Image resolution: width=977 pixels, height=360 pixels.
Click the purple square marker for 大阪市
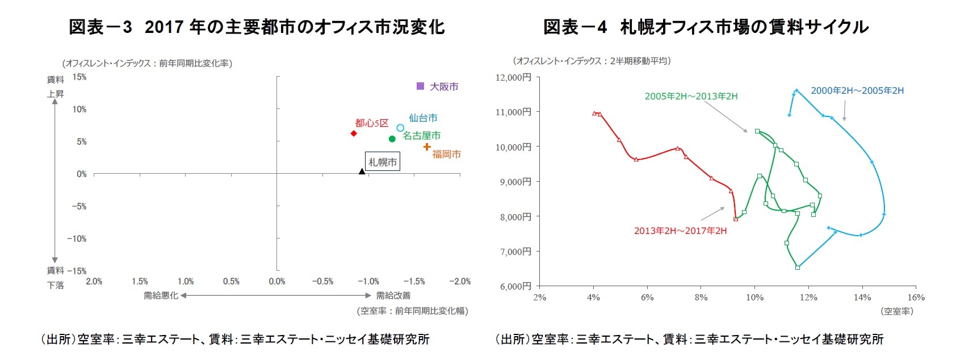click(420, 86)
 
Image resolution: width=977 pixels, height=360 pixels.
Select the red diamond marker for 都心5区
click(354, 133)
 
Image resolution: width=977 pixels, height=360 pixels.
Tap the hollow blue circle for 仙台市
click(400, 128)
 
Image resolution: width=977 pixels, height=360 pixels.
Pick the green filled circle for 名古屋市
click(392, 139)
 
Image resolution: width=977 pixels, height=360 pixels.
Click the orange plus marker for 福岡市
click(427, 147)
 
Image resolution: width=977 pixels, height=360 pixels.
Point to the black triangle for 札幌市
click(362, 171)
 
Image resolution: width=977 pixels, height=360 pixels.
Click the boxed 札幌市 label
click(383, 162)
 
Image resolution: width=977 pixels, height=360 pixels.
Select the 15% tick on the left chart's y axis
click(79, 77)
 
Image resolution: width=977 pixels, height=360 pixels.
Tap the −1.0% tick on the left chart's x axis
click(368, 281)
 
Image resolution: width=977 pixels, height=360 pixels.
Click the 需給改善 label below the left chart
click(393, 295)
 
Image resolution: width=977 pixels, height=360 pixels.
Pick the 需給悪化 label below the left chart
click(161, 295)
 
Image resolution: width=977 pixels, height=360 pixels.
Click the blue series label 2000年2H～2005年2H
click(857, 90)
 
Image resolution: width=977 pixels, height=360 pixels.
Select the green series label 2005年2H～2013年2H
click(691, 96)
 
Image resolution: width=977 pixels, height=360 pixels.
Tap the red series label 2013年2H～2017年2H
click(680, 231)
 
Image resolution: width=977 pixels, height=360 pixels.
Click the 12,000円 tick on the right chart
click(514, 77)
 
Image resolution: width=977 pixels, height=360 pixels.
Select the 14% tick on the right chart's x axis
click(862, 298)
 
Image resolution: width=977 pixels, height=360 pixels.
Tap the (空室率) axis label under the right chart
click(897, 311)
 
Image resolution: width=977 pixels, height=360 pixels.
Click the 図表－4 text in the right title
click(575, 27)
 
